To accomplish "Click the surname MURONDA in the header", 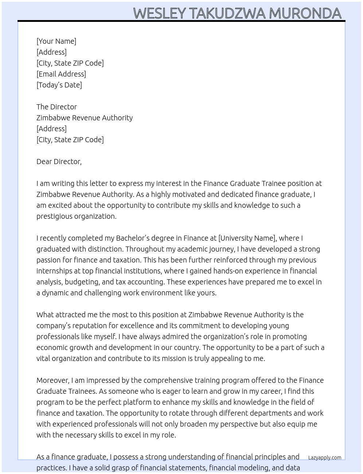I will pyautogui.click(x=305, y=13).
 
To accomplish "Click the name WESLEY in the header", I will pyautogui.click(x=160, y=13).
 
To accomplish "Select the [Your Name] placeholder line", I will pyautogui.click(x=56, y=41).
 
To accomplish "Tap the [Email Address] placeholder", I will pyautogui.click(x=61, y=74).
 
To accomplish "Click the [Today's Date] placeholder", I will pyautogui.click(x=59, y=85).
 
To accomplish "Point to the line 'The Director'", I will pyautogui.click(x=56, y=107).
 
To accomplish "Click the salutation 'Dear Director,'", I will pyautogui.click(x=59, y=162).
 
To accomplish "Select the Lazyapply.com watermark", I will pyautogui.click(x=324, y=458).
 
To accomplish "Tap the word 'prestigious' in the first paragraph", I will pyautogui.click(x=54, y=216).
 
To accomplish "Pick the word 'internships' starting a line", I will pyautogui.click(x=54, y=271).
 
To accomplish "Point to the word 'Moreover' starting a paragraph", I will pyautogui.click(x=52, y=380).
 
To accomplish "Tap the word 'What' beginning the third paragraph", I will pyautogui.click(x=45, y=315).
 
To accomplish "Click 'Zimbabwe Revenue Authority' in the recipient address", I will pyautogui.click(x=85, y=118).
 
